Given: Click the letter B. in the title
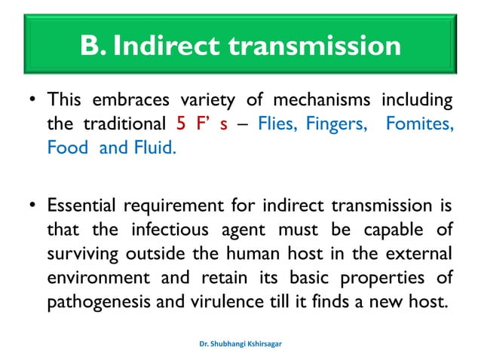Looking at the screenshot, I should pos(95,47).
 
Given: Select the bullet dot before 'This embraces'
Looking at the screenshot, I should pos(29,101).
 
